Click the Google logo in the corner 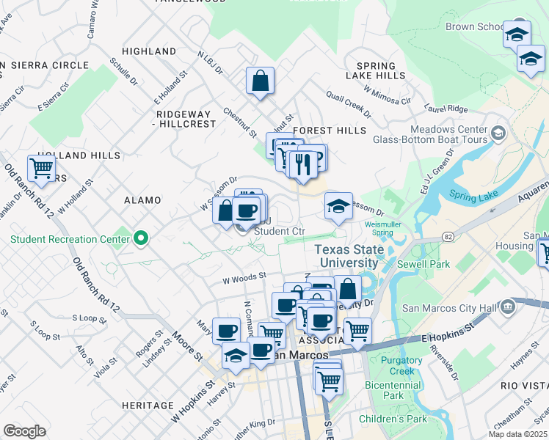[x=24, y=430]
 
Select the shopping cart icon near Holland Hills [x=41, y=168]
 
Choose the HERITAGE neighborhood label [x=148, y=405]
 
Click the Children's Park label [x=393, y=419]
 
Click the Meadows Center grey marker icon [x=499, y=133]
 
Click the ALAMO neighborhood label [x=137, y=199]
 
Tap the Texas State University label [x=349, y=256]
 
